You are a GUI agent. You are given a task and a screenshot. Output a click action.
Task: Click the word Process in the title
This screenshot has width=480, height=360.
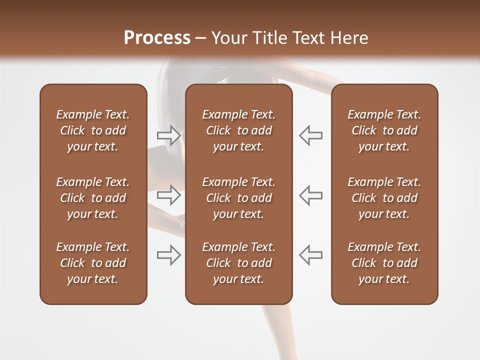pyautogui.click(x=157, y=38)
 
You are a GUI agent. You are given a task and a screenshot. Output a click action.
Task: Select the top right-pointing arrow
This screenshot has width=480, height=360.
pyautogui.click(x=169, y=135)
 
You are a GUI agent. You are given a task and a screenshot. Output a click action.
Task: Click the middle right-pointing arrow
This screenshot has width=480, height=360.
pyautogui.click(x=169, y=195)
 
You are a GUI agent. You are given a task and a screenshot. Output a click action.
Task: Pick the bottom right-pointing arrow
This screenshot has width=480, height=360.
pyautogui.click(x=169, y=255)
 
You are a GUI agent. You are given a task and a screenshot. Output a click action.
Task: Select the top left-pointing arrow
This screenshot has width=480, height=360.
pyautogui.click(x=311, y=135)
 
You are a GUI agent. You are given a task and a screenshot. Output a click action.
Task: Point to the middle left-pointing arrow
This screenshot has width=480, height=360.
pyautogui.click(x=311, y=195)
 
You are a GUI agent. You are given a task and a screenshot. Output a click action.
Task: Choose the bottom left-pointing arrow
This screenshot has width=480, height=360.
pyautogui.click(x=311, y=255)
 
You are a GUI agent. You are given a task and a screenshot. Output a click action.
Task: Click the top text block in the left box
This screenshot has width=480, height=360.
pyautogui.click(x=93, y=130)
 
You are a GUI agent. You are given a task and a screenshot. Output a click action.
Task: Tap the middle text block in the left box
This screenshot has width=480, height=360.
pyautogui.click(x=93, y=198)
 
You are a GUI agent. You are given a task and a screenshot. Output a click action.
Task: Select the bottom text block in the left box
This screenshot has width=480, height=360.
pyautogui.click(x=93, y=263)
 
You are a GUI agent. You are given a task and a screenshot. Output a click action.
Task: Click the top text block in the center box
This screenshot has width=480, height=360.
pyautogui.click(x=238, y=130)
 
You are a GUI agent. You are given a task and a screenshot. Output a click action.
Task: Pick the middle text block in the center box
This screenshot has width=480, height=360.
pyautogui.click(x=238, y=198)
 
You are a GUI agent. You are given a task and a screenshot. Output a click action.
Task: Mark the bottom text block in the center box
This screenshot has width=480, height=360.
pyautogui.click(x=238, y=263)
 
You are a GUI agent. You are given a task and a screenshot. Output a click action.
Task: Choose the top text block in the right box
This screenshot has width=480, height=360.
pyautogui.click(x=384, y=130)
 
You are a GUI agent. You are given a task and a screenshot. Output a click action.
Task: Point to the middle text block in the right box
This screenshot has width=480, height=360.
pyautogui.click(x=384, y=198)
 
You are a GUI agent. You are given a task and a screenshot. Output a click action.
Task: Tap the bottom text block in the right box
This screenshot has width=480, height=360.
pyautogui.click(x=384, y=263)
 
